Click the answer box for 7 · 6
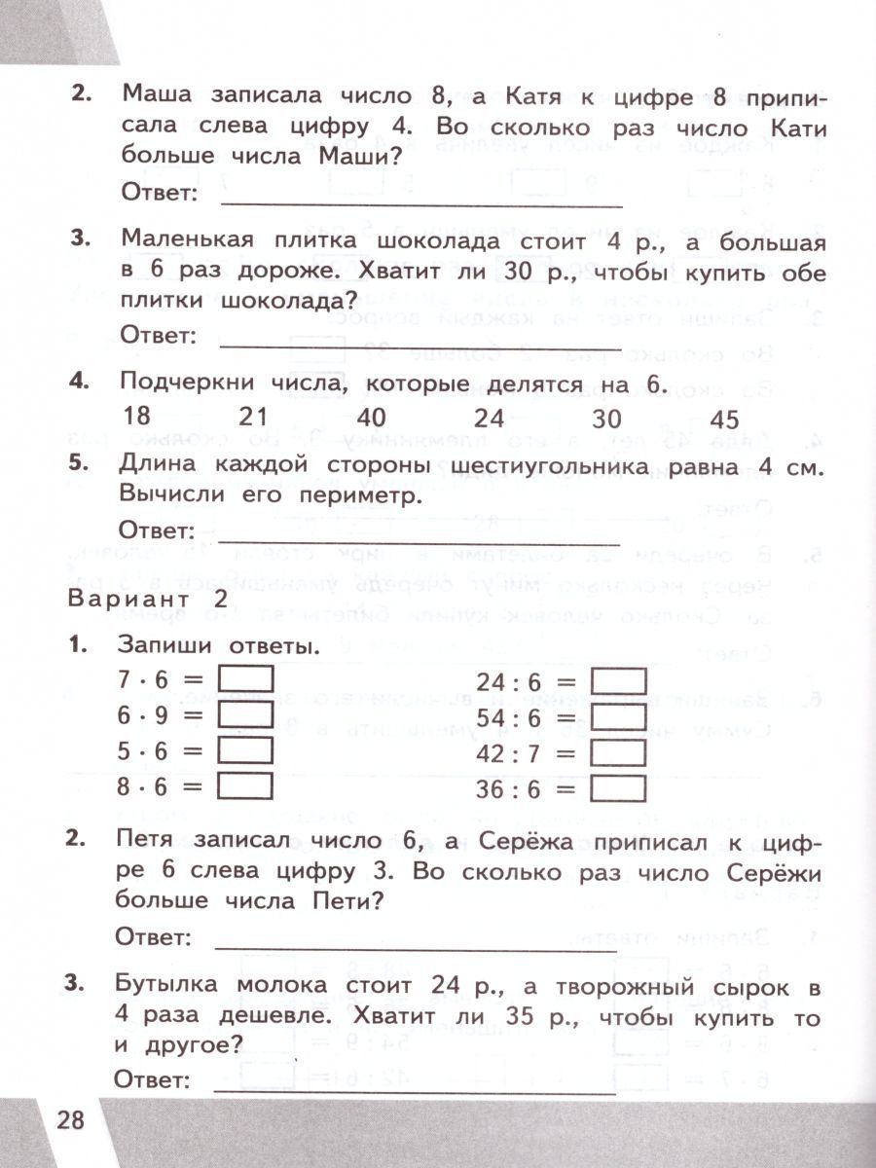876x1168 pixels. coord(246,679)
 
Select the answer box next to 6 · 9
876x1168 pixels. coord(246,715)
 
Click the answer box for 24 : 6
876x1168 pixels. coord(619,679)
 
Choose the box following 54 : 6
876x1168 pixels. coord(619,717)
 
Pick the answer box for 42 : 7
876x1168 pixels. coord(619,753)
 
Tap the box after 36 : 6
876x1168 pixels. coord(619,789)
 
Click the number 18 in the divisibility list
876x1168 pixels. coord(138,417)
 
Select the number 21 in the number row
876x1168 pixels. coord(253,418)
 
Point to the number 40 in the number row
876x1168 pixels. coord(371,419)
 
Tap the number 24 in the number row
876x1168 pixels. coord(489,419)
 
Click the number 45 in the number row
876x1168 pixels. coord(725,420)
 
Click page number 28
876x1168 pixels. coord(71,1119)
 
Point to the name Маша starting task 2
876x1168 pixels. coord(162,97)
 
